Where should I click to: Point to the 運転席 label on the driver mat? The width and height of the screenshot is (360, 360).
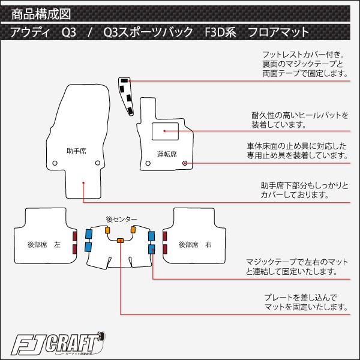click(167, 154)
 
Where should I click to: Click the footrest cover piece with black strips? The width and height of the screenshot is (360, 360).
click(127, 94)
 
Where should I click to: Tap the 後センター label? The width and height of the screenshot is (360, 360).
click(121, 220)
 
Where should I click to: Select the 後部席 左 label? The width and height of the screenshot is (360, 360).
click(44, 245)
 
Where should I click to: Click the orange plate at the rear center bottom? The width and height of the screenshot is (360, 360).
click(121, 241)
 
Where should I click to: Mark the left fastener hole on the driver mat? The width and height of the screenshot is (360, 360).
click(148, 162)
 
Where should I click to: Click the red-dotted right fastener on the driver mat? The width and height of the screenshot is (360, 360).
click(185, 163)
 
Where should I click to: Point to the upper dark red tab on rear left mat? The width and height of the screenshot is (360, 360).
click(74, 236)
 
